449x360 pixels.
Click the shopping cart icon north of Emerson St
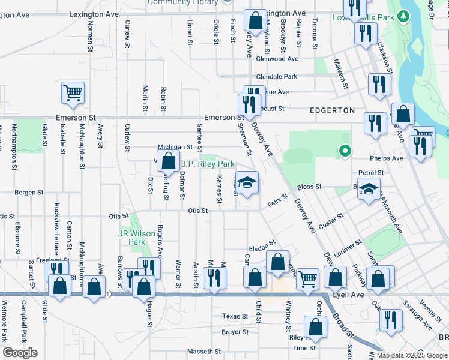coord(73,93)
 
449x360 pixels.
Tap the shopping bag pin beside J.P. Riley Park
coord(168,160)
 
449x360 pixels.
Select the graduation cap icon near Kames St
coord(247,182)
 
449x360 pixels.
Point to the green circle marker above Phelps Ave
coord(345,151)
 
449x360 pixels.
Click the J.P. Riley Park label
coord(208,164)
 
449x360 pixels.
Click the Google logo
coord(20,353)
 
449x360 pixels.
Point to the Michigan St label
coord(175,147)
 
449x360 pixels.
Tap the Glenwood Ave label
coord(277,59)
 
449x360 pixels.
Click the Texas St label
coord(235,316)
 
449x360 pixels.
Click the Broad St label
coord(342,318)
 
